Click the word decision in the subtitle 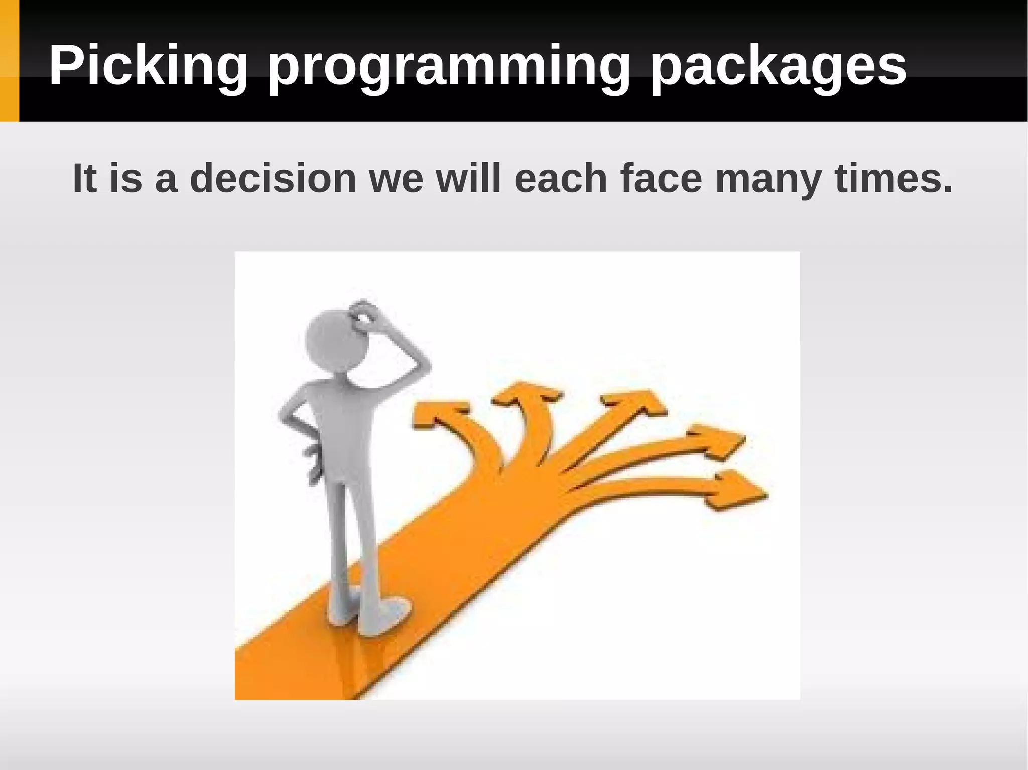click(x=273, y=179)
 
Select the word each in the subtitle click(x=561, y=179)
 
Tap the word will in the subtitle click(x=469, y=179)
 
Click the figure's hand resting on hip click(x=314, y=461)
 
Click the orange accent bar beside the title click(x=9, y=61)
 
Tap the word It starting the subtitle click(x=84, y=179)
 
